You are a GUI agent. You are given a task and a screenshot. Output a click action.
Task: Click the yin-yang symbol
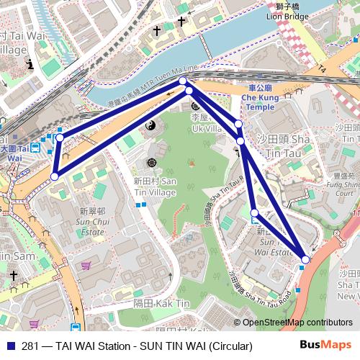[151, 127]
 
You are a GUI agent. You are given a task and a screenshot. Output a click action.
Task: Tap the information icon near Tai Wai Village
[30, 64]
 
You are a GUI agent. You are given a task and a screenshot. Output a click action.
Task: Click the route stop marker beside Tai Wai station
[60, 138]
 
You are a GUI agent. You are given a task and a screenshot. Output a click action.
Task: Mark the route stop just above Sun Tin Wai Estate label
[254, 212]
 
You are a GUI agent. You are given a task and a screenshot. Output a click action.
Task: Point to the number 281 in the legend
[31, 346]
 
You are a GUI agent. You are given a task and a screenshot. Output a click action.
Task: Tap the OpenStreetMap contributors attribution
[297, 323]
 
